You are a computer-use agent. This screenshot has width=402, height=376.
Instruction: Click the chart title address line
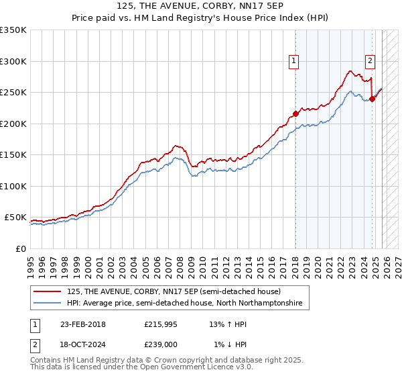click(200, 7)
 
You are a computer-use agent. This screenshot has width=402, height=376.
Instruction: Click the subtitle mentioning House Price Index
click(200, 18)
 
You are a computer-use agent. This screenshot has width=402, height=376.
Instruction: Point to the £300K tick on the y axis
click(13, 61)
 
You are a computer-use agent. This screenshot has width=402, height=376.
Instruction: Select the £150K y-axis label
click(13, 155)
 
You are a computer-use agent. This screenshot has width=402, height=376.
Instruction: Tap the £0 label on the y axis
click(20, 249)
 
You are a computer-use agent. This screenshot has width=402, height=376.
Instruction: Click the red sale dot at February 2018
click(295, 113)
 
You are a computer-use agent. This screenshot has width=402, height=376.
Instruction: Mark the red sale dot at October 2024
click(372, 99)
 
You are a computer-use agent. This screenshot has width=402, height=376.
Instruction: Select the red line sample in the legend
click(48, 291)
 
